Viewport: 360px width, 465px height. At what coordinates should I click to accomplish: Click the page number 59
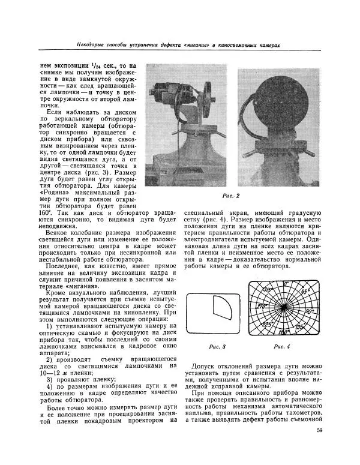coord(319,429)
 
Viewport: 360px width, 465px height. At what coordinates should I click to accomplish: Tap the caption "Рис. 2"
coord(230,196)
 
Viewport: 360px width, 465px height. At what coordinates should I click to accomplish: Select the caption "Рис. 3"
coord(215,346)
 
